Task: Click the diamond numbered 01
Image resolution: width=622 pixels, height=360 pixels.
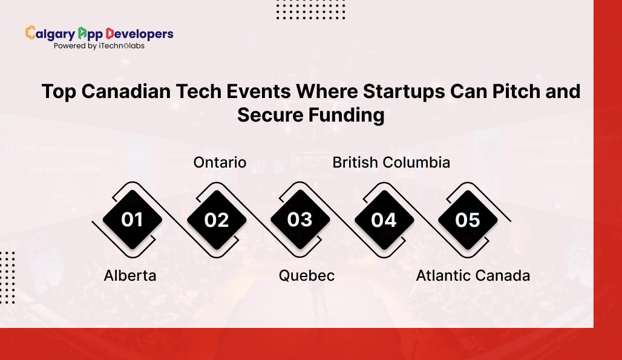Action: click(132, 219)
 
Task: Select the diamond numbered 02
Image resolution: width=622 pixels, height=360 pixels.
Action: click(216, 219)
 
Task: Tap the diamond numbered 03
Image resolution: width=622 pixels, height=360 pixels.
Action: click(300, 219)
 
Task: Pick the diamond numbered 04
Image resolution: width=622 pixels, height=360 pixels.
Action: click(384, 219)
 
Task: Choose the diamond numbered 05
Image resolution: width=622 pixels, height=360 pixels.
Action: click(467, 219)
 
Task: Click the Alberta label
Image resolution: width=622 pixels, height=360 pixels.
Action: click(130, 275)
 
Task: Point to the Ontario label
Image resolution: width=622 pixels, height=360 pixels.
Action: click(220, 162)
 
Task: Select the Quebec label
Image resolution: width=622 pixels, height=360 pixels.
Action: click(306, 275)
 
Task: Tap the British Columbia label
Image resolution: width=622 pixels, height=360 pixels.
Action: click(391, 162)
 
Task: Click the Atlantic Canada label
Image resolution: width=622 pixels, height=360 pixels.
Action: click(473, 275)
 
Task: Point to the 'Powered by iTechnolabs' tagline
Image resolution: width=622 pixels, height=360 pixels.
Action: click(99, 46)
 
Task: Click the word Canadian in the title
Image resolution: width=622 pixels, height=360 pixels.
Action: click(125, 91)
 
